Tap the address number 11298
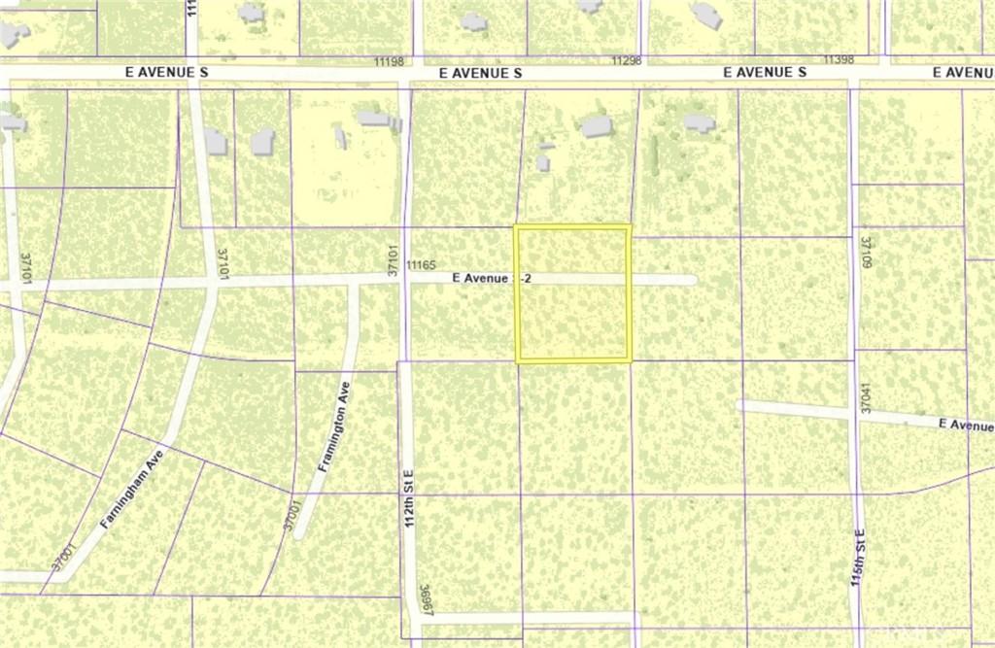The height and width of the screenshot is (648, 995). tap(627, 60)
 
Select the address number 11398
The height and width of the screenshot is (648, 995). tap(838, 60)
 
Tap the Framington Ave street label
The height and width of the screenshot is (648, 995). tap(336, 426)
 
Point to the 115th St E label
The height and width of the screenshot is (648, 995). tap(859, 561)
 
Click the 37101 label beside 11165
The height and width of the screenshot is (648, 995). tap(394, 260)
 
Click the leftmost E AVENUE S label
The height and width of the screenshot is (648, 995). tap(167, 73)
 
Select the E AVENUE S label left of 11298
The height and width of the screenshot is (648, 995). tap(480, 73)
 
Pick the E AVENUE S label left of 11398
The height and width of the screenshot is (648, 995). tap(766, 73)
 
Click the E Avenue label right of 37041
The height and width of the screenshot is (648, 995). tap(966, 425)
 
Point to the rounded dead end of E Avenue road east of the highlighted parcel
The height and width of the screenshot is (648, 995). tap(691, 280)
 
